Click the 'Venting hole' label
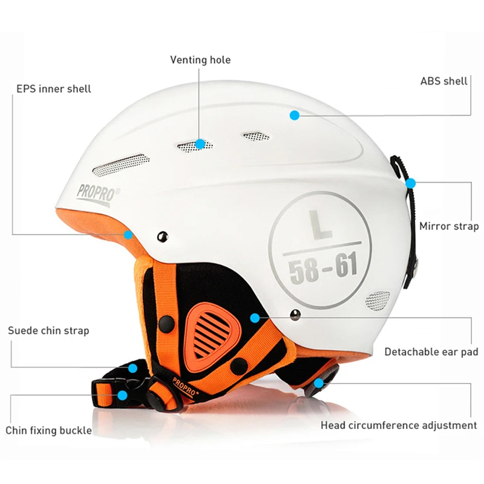click(x=200, y=60)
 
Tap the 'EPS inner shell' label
click(x=53, y=89)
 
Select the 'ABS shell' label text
click(x=443, y=80)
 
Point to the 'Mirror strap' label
click(x=449, y=226)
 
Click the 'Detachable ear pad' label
click(x=431, y=352)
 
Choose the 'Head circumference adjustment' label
click(x=399, y=425)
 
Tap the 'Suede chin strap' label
click(x=48, y=330)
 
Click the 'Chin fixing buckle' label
click(x=49, y=430)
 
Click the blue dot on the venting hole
click(x=200, y=144)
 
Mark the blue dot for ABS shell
click(x=294, y=114)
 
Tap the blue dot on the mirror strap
click(x=410, y=182)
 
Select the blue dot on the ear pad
click(x=255, y=317)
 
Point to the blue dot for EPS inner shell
click(x=128, y=235)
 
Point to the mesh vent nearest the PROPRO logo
click(x=121, y=163)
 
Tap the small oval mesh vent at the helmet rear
click(x=378, y=299)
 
